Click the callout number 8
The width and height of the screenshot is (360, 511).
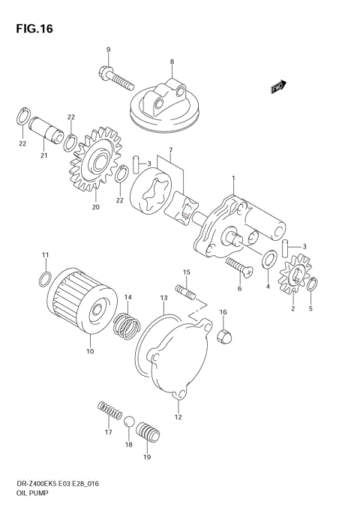pyautogui.click(x=172, y=62)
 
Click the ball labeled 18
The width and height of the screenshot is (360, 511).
pyautogui.click(x=128, y=422)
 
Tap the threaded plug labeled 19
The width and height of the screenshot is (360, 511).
pyautogui.click(x=147, y=434)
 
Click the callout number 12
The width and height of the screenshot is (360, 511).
pyautogui.click(x=178, y=417)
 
